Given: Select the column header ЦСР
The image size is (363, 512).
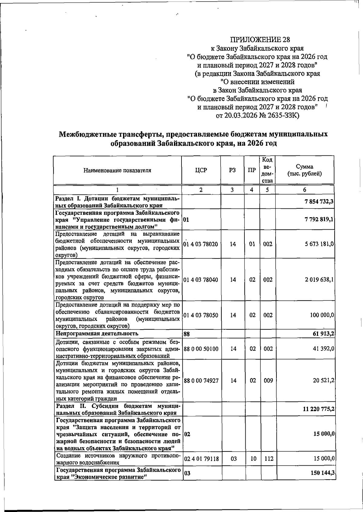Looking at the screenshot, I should click(201, 170).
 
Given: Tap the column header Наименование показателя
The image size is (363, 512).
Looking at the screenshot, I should click(117, 170).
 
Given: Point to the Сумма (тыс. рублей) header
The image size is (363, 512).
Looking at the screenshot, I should click(304, 170).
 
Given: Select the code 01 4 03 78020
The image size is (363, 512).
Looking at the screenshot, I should click(201, 244).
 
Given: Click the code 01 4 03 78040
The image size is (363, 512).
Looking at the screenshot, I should click(201, 280).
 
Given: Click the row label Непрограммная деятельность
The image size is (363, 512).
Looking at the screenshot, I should click(97, 334).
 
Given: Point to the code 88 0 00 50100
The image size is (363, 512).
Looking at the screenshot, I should click(201, 349).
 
